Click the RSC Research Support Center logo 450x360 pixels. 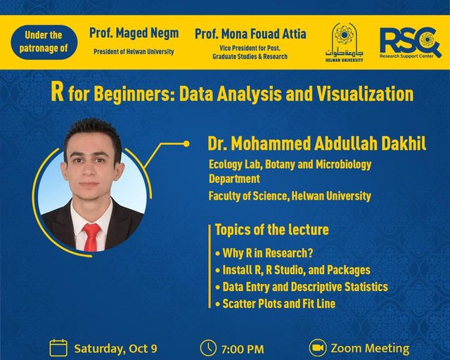pyautogui.click(x=411, y=43)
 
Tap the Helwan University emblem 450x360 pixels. pyautogui.click(x=344, y=42)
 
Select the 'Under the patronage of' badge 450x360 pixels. pyautogui.click(x=44, y=42)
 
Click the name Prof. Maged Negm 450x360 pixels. pyautogui.click(x=134, y=33)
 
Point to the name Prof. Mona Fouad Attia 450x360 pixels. pyautogui.click(x=250, y=34)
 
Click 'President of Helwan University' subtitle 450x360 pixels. pyautogui.click(x=134, y=51)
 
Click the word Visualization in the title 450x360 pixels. pyautogui.click(x=365, y=94)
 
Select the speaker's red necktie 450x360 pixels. pyautogui.click(x=92, y=237)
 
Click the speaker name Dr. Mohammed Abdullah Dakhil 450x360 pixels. pyautogui.click(x=317, y=143)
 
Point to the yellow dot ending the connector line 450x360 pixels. pyautogui.click(x=186, y=143)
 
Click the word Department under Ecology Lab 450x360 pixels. pyautogui.click(x=234, y=179)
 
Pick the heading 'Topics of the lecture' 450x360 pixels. pyautogui.click(x=272, y=230)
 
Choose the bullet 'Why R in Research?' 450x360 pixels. pyautogui.click(x=264, y=253)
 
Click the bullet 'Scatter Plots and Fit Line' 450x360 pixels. pyautogui.click(x=275, y=304)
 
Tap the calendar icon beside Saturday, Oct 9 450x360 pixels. pyautogui.click(x=58, y=347)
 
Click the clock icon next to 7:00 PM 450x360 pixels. pyautogui.click(x=208, y=348)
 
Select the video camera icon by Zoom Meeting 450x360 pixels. pyautogui.click(x=317, y=347)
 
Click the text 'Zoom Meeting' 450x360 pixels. pyautogui.click(x=370, y=348)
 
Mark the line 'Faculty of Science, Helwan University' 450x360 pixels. pyautogui.click(x=290, y=196)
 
